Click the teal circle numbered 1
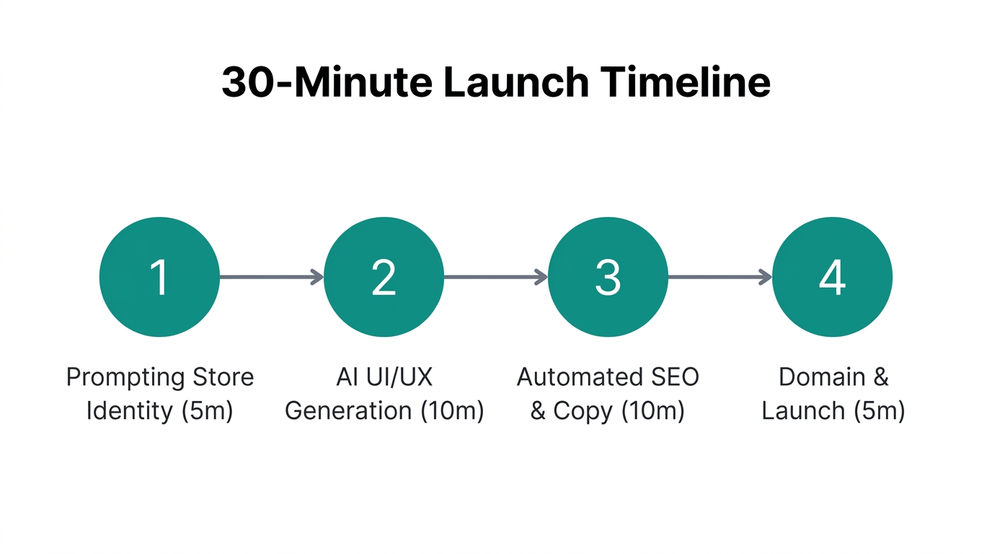click(159, 277)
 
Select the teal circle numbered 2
click(384, 277)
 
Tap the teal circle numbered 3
click(608, 277)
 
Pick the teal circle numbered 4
click(832, 277)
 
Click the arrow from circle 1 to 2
click(271, 277)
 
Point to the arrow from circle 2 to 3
click(495, 277)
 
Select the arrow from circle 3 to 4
click(719, 277)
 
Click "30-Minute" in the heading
click(327, 83)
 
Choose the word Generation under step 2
click(348, 411)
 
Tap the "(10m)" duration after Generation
click(451, 411)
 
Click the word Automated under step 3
click(579, 377)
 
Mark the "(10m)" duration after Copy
click(652, 411)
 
